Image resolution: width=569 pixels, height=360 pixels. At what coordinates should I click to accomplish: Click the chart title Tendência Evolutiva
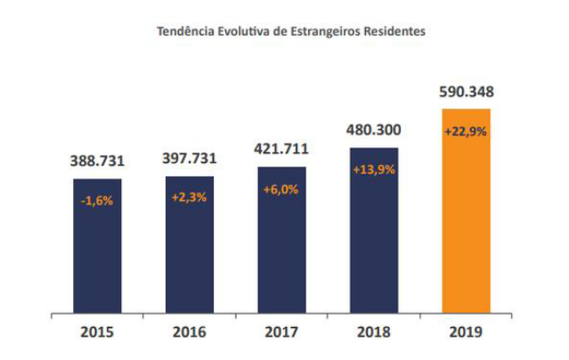(291, 31)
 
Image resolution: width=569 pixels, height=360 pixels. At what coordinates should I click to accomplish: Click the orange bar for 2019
(467, 223)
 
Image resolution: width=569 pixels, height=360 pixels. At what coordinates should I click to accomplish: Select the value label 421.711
(281, 149)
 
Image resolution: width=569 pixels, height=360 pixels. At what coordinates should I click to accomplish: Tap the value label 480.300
(374, 129)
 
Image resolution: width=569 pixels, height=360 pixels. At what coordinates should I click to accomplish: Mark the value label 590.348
(467, 92)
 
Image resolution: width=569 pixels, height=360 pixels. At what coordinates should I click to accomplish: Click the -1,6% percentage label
(97, 200)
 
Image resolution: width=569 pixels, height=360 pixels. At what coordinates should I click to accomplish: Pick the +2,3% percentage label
(189, 197)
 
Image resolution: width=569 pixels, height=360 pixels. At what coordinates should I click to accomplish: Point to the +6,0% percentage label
(281, 189)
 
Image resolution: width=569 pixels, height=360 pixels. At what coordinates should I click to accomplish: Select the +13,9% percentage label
(374, 169)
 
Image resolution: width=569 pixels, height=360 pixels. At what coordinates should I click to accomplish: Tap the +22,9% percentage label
(467, 131)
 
